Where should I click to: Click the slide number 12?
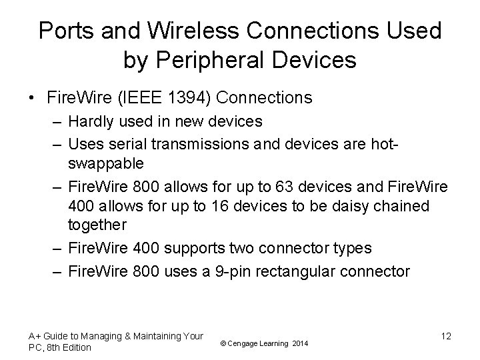(446, 336)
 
